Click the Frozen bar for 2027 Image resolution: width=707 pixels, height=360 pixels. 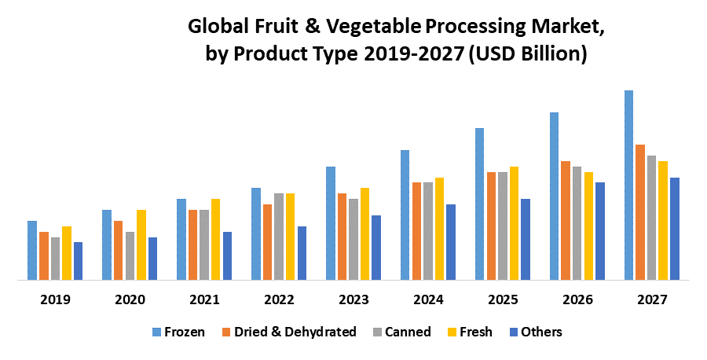628,185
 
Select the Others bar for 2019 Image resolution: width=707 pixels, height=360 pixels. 78,260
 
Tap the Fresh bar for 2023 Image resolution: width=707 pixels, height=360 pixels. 364,233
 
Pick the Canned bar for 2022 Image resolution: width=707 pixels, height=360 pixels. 279,236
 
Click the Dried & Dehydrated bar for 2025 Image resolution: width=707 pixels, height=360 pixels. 491,226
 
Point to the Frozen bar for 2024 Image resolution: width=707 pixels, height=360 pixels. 405,215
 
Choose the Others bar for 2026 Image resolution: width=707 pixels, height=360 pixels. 600,230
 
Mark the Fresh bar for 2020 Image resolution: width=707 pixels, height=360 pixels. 141,244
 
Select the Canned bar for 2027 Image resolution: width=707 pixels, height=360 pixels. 651,217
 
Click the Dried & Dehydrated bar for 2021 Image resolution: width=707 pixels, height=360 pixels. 192,244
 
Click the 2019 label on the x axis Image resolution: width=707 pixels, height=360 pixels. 55,300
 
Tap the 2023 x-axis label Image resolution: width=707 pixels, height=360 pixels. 353,300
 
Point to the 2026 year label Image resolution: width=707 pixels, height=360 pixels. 577,300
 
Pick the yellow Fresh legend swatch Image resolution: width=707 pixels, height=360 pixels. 452,332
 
